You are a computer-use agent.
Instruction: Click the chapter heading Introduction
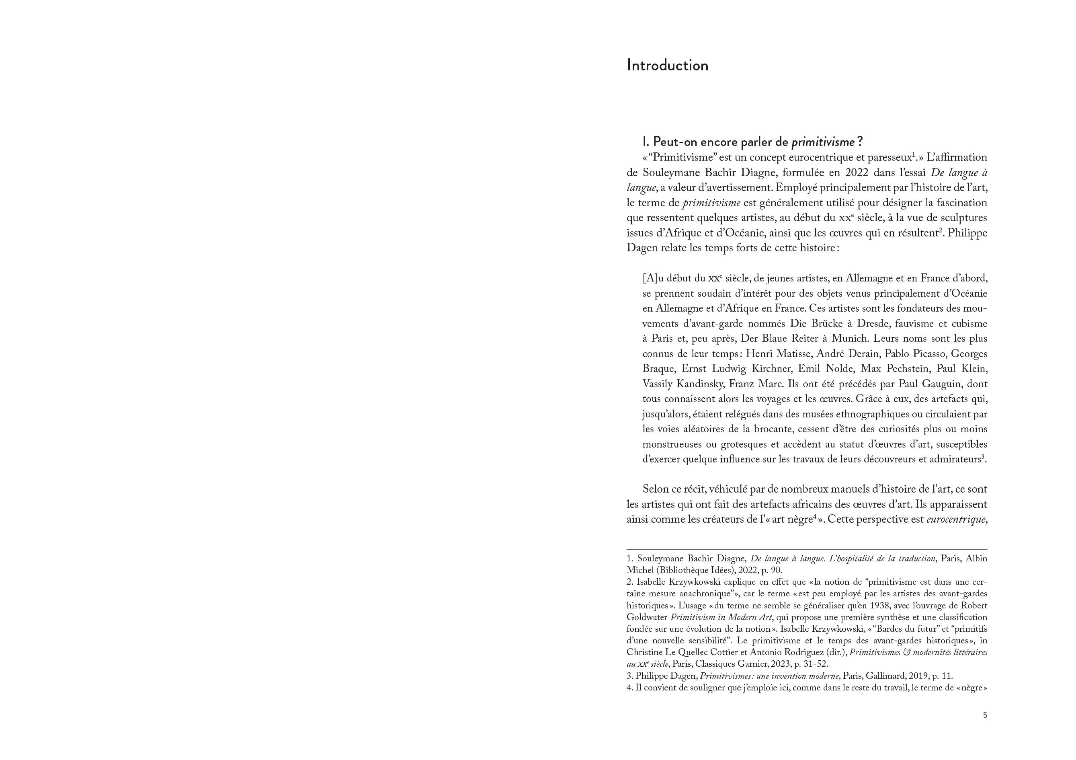pos(667,66)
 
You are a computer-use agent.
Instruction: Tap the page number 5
pos(985,715)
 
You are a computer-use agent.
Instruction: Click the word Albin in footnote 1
pos(977,559)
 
